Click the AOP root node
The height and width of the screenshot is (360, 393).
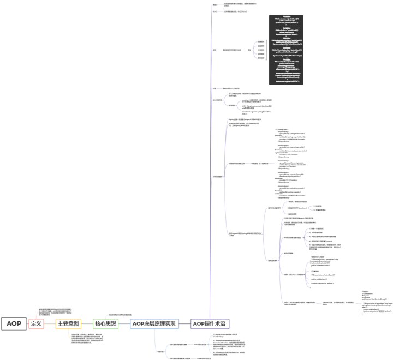(14, 323)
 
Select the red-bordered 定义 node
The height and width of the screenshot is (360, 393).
(36, 323)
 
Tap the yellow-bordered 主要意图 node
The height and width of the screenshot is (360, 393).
(68, 323)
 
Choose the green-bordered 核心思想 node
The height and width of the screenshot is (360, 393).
(106, 323)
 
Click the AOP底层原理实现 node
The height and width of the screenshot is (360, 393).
(154, 323)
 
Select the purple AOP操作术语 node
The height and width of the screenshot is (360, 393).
(211, 323)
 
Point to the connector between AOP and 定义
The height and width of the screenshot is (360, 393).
(27, 323)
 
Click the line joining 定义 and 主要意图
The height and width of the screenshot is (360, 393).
(50, 323)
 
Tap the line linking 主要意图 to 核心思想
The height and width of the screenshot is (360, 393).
(87, 323)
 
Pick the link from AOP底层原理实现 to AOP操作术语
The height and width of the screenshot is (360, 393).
(184, 323)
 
